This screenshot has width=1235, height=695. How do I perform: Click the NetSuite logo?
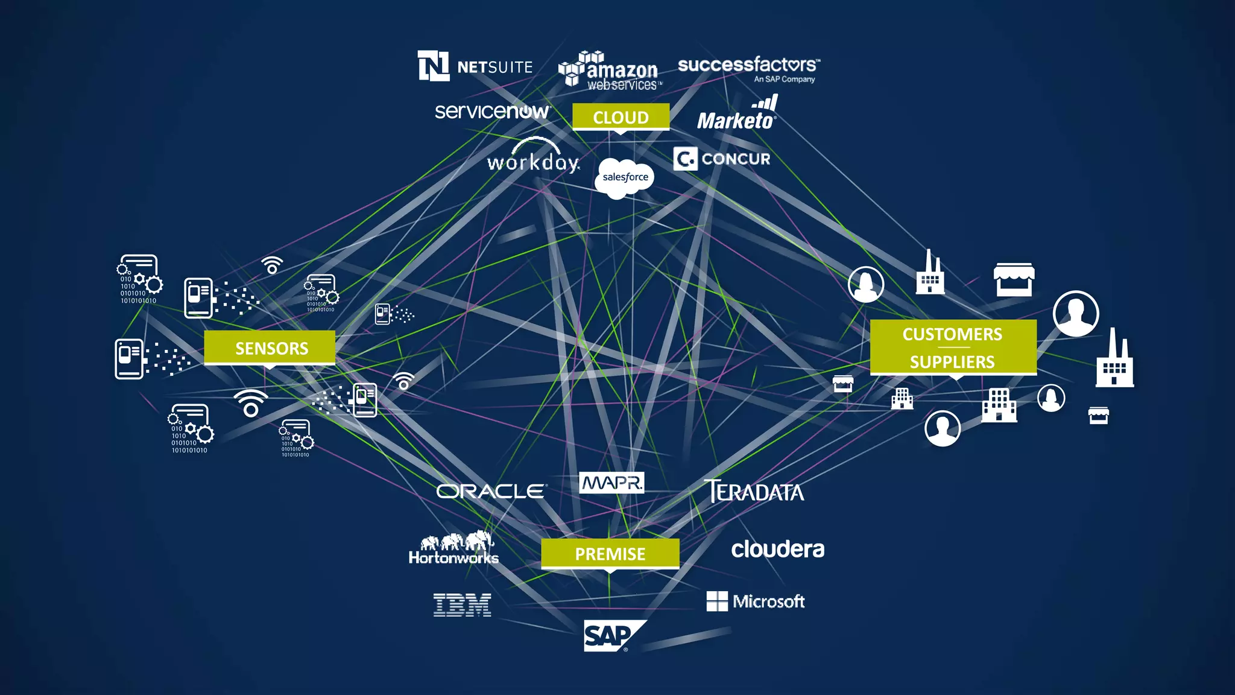point(475,66)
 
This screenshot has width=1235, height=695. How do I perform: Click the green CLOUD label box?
point(621,117)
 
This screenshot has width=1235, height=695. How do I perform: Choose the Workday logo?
point(533,158)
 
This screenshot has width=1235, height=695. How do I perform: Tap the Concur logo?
point(722,159)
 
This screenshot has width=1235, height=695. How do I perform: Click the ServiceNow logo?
point(492,111)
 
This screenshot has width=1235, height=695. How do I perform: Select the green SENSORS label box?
point(270,348)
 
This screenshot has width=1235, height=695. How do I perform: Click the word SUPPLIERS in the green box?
point(952,362)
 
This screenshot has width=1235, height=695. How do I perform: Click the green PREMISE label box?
point(610,553)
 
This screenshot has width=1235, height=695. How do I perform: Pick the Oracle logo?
point(491,491)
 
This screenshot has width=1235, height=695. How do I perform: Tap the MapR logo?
point(611,483)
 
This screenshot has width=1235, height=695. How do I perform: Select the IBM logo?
point(462,605)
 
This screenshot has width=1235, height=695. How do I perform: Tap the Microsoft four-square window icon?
point(717,601)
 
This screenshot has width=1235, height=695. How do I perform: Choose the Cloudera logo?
point(777,550)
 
